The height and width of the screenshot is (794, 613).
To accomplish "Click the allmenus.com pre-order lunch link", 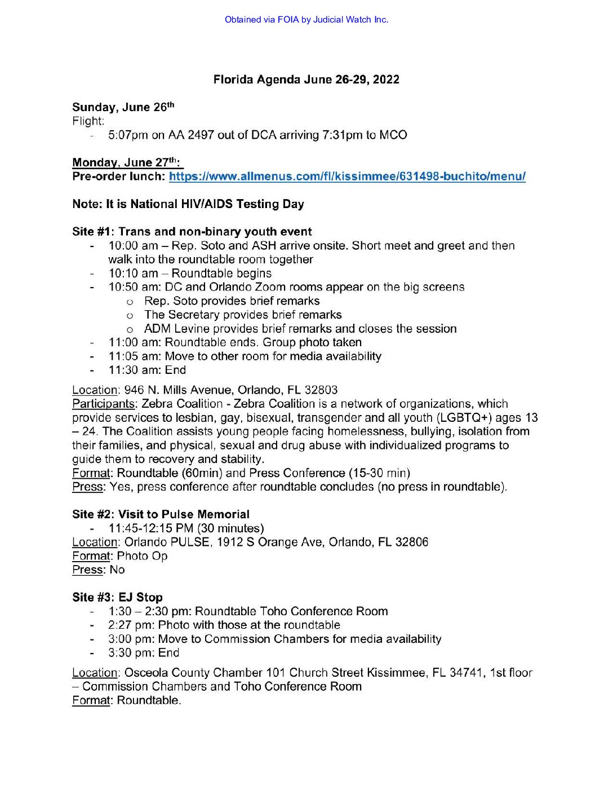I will (347, 177).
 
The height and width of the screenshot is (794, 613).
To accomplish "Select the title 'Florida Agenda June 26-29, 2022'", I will (306, 80).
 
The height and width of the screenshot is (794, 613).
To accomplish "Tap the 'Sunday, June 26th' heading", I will (123, 107).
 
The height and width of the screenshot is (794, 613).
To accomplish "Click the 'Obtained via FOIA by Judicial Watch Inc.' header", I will (306, 20).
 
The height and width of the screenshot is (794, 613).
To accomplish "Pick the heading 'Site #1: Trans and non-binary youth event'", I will (192, 232).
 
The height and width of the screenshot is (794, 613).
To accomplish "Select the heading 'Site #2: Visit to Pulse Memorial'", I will (161, 514).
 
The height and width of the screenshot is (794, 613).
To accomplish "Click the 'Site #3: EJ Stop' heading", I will (117, 597).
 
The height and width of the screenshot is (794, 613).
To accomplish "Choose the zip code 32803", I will (321, 390).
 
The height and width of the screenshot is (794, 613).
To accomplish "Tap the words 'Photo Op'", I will (142, 556).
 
